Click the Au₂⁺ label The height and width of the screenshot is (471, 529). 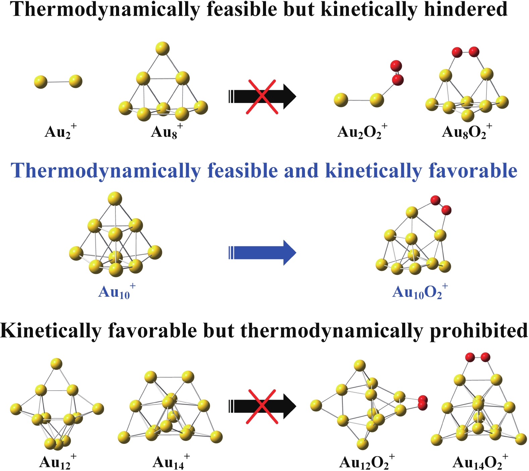pyautogui.click(x=61, y=131)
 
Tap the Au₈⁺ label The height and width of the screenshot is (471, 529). pyautogui.click(x=167, y=131)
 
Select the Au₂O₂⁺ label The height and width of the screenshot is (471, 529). pyautogui.click(x=362, y=131)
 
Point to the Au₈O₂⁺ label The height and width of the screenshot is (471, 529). pyautogui.click(x=467, y=131)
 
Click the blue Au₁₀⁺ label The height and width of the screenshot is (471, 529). pyautogui.click(x=117, y=291)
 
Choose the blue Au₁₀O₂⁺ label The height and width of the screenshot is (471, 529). pyautogui.click(x=420, y=291)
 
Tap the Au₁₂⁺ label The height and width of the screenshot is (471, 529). pyautogui.click(x=58, y=462)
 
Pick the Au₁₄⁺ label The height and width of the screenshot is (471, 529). pyautogui.click(x=171, y=462)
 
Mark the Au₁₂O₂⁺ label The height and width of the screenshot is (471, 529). pyautogui.click(x=367, y=462)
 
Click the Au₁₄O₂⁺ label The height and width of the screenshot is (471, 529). pyautogui.click(x=480, y=462)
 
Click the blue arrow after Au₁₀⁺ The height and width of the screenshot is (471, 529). pyautogui.click(x=262, y=252)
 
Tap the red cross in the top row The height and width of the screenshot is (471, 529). pyautogui.click(x=262, y=97)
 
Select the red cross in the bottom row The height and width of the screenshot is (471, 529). pyautogui.click(x=262, y=407)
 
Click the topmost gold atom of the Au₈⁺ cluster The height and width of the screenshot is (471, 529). pyautogui.click(x=163, y=49)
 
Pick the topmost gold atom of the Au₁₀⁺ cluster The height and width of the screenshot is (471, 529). pyautogui.click(x=115, y=198)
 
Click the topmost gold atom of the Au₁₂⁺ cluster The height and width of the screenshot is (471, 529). pyautogui.click(x=56, y=364)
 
